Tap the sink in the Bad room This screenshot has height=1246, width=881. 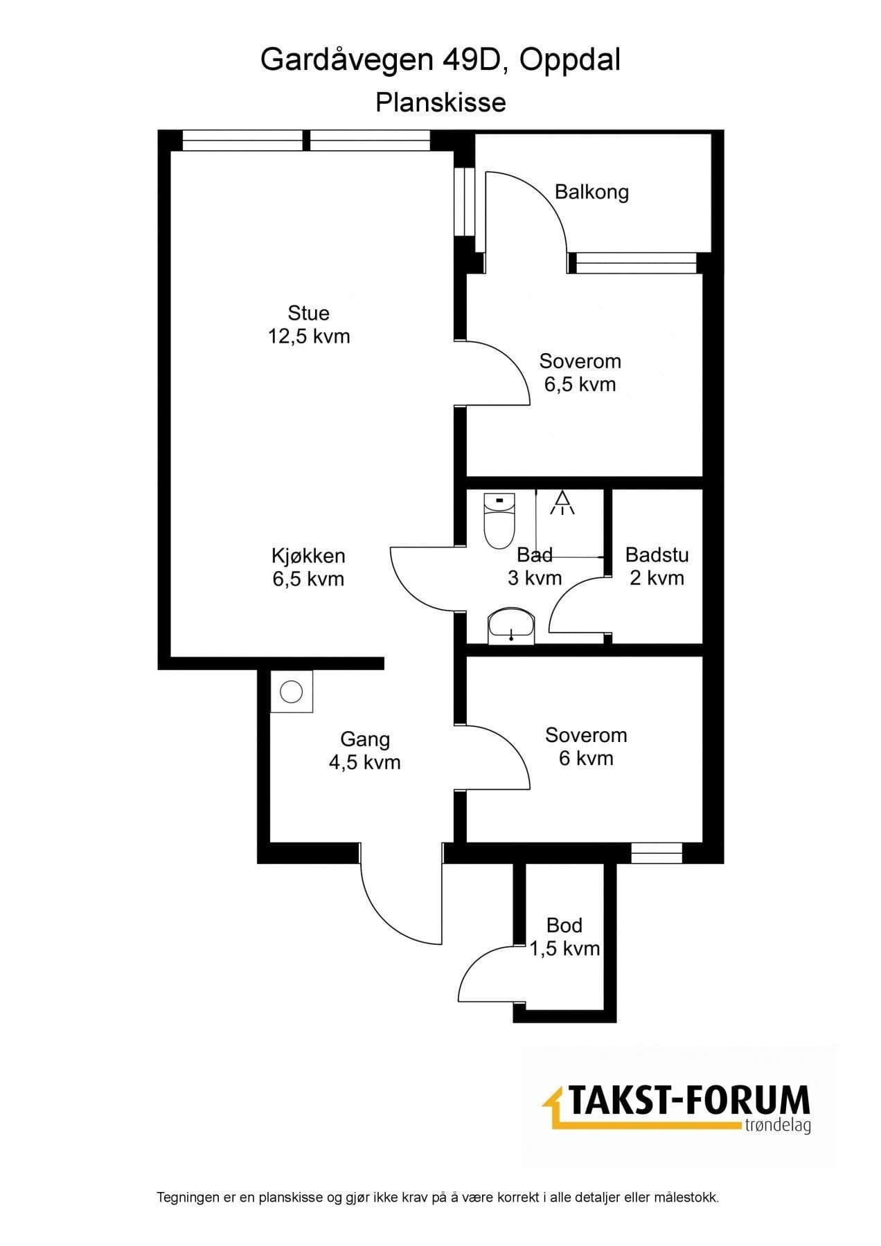click(510, 626)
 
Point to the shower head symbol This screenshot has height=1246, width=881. click(562, 503)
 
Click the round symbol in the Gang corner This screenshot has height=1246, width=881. click(292, 691)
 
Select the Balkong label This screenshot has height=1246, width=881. click(591, 192)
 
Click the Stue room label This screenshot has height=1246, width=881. click(308, 313)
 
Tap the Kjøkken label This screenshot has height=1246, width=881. click(308, 556)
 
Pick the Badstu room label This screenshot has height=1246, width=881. click(657, 554)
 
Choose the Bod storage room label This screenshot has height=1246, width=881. click(564, 925)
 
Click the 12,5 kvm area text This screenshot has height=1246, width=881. click(309, 336)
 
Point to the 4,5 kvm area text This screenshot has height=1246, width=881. click(365, 762)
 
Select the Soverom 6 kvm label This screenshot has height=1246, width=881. click(586, 746)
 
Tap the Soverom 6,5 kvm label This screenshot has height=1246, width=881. click(580, 372)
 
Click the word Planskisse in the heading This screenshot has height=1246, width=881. click(440, 102)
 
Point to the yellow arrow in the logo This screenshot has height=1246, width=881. click(554, 1106)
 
